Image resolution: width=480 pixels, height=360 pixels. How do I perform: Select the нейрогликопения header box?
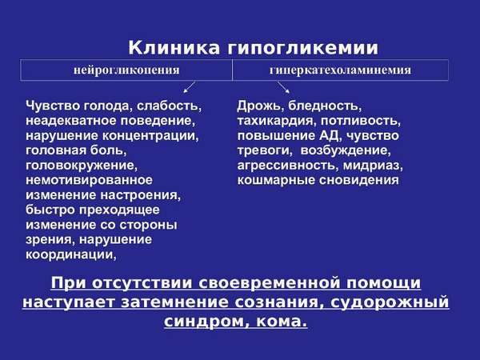click(127, 70)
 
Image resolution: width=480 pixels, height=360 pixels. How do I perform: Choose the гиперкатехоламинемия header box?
click(340, 70)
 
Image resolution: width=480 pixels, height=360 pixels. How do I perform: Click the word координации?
click(71, 255)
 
